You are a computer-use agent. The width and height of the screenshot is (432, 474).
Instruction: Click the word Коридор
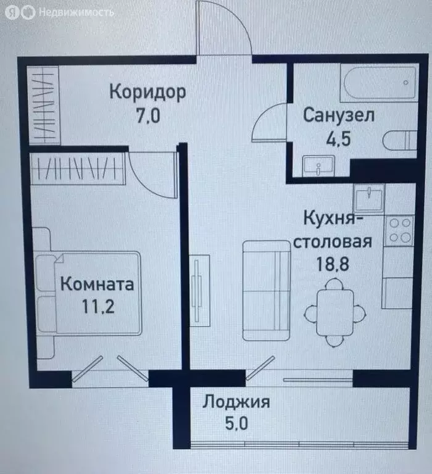[147, 92]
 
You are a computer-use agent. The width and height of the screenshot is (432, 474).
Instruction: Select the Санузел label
[339, 115]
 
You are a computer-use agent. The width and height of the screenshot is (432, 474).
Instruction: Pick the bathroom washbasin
[318, 165]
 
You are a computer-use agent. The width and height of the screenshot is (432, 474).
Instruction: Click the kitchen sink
[368, 198]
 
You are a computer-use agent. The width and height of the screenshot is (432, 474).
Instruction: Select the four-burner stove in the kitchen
[398, 230]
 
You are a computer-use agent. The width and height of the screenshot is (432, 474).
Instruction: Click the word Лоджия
[236, 402]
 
